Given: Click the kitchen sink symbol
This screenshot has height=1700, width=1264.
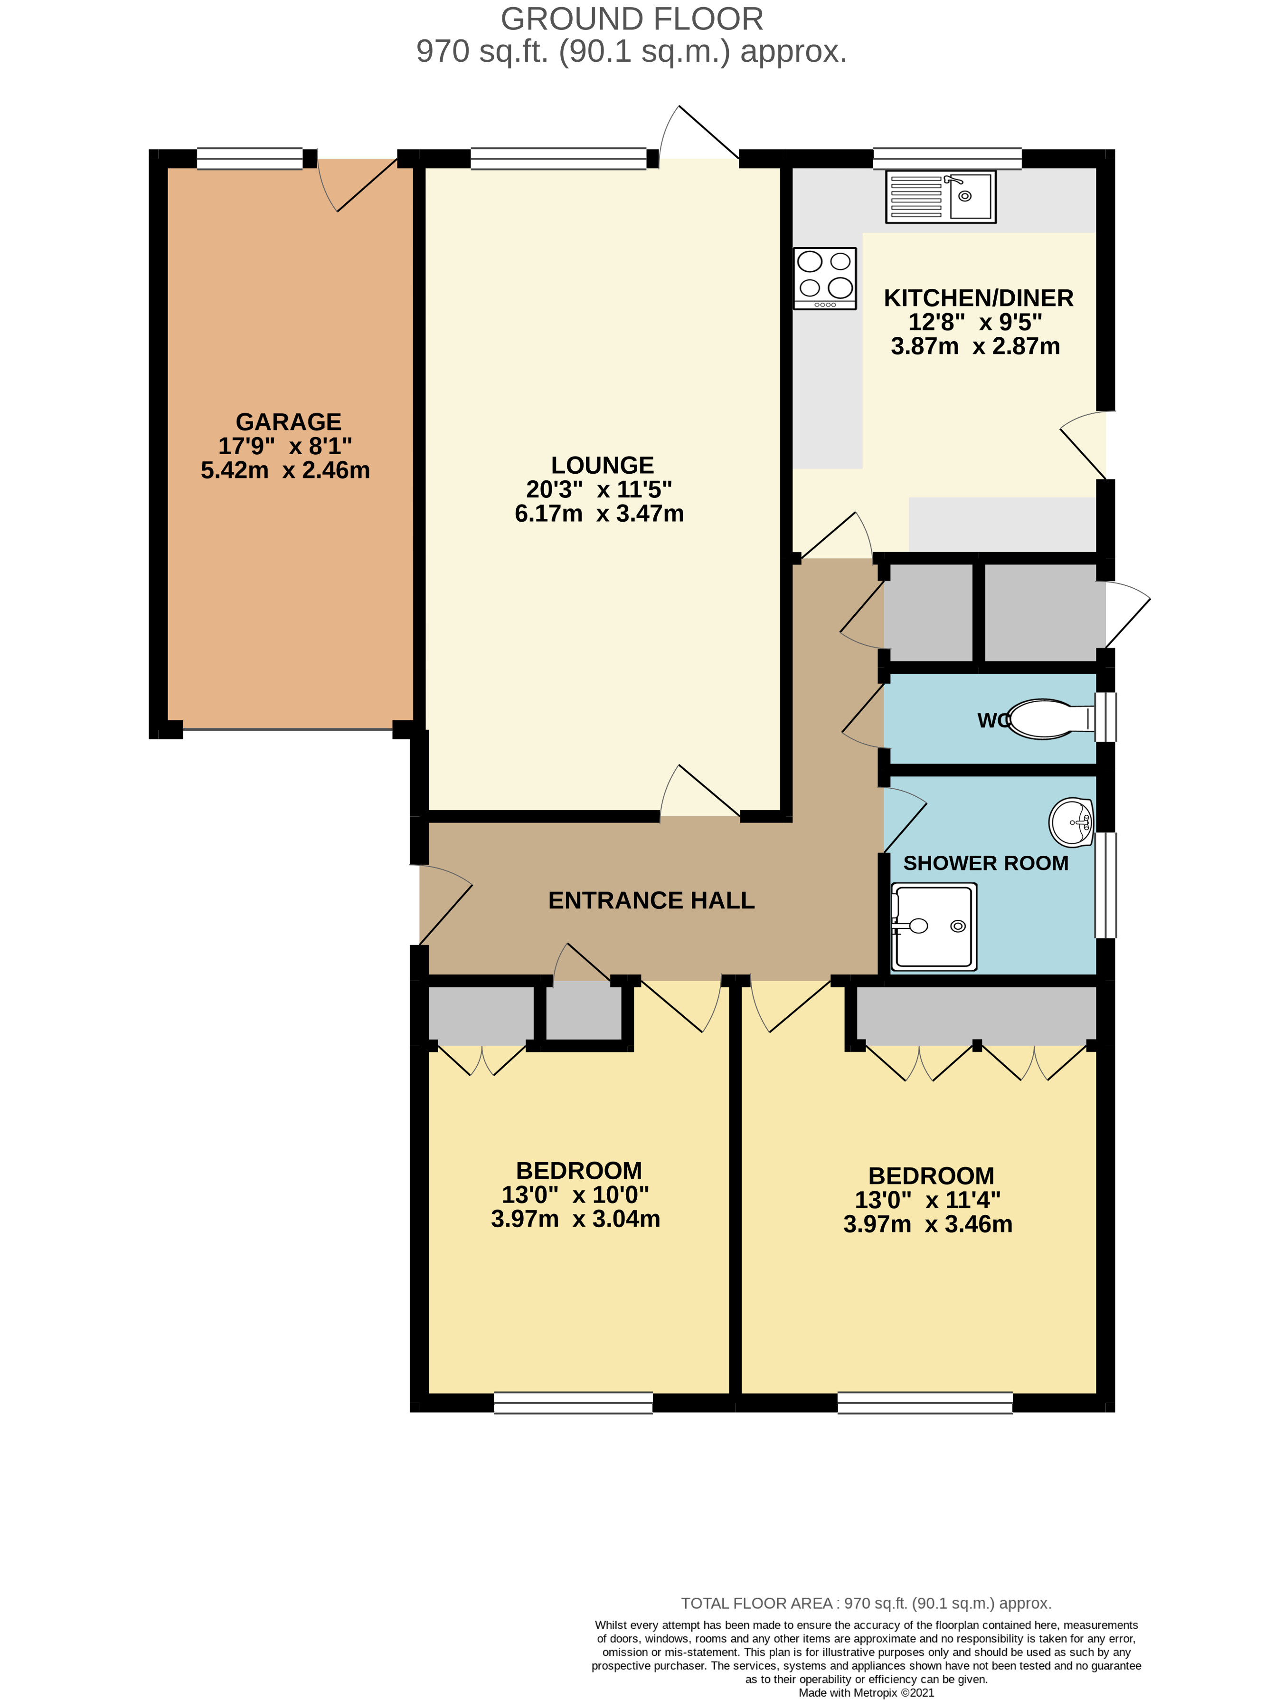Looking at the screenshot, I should [940, 197].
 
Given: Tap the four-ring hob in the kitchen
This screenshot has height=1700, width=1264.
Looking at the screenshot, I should [824, 278].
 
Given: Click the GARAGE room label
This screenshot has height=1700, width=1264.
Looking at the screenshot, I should [288, 422].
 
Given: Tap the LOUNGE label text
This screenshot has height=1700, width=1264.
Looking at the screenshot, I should [602, 465].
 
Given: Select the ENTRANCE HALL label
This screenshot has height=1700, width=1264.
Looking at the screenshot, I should [651, 900].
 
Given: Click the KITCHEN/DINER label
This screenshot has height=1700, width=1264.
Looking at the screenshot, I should [978, 298].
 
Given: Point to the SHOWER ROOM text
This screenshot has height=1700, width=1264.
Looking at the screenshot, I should [985, 863].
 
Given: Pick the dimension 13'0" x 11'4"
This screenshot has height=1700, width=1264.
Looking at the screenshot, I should [927, 1199].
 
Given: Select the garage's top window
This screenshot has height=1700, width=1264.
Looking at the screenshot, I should [249, 158].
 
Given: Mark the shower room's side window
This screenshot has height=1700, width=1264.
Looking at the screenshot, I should [1105, 885].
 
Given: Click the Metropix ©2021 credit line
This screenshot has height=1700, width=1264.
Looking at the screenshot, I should [866, 1692].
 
